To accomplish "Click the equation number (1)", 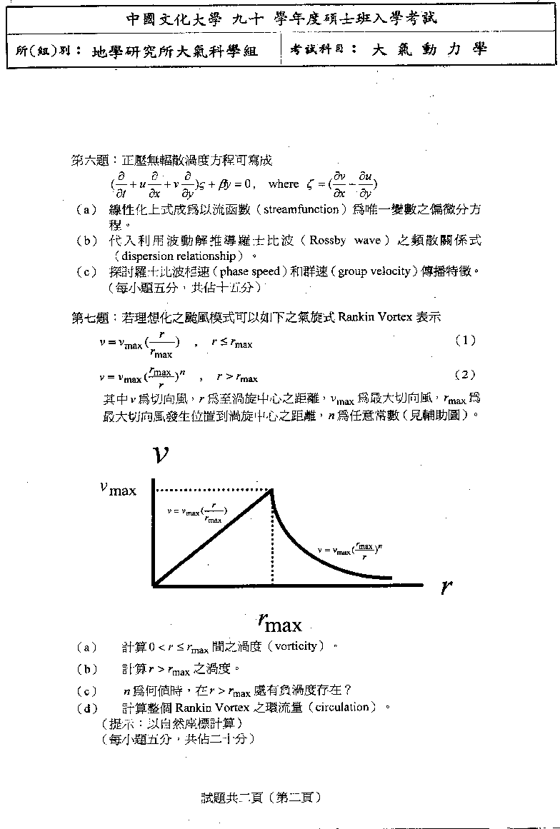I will tap(465, 341).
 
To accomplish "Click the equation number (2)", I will tap(465, 375).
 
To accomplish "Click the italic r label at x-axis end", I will tap(446, 587).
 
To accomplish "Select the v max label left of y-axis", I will tap(117, 489).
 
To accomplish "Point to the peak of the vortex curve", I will tap(271, 490).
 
